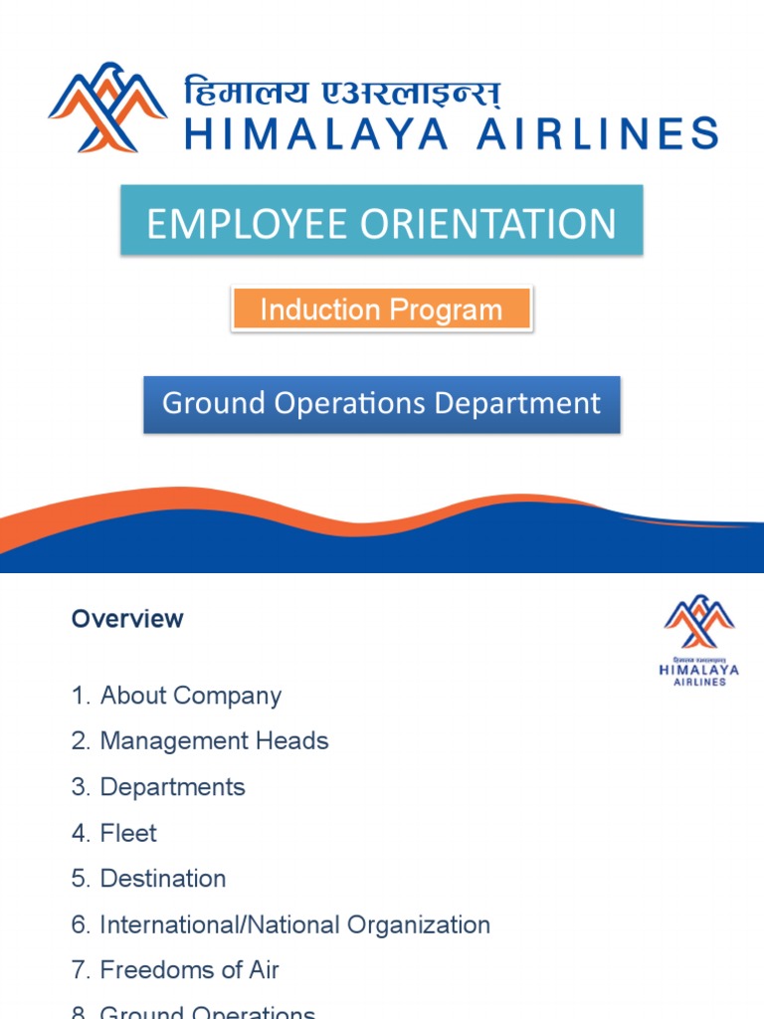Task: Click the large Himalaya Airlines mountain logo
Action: click(x=107, y=107)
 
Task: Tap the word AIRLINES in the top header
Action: click(x=597, y=132)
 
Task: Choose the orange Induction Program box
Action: click(x=382, y=308)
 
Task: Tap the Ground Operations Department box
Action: click(x=382, y=404)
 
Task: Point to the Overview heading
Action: click(x=127, y=619)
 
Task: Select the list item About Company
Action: click(x=190, y=696)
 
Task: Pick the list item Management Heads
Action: click(x=214, y=741)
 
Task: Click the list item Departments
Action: click(x=172, y=787)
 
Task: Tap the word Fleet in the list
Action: click(x=128, y=833)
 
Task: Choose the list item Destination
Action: click(x=163, y=879)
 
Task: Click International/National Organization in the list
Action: click(x=294, y=924)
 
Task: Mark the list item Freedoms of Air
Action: click(x=189, y=970)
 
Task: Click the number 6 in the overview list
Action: click(x=79, y=924)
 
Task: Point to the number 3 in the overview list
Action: click(x=79, y=787)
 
